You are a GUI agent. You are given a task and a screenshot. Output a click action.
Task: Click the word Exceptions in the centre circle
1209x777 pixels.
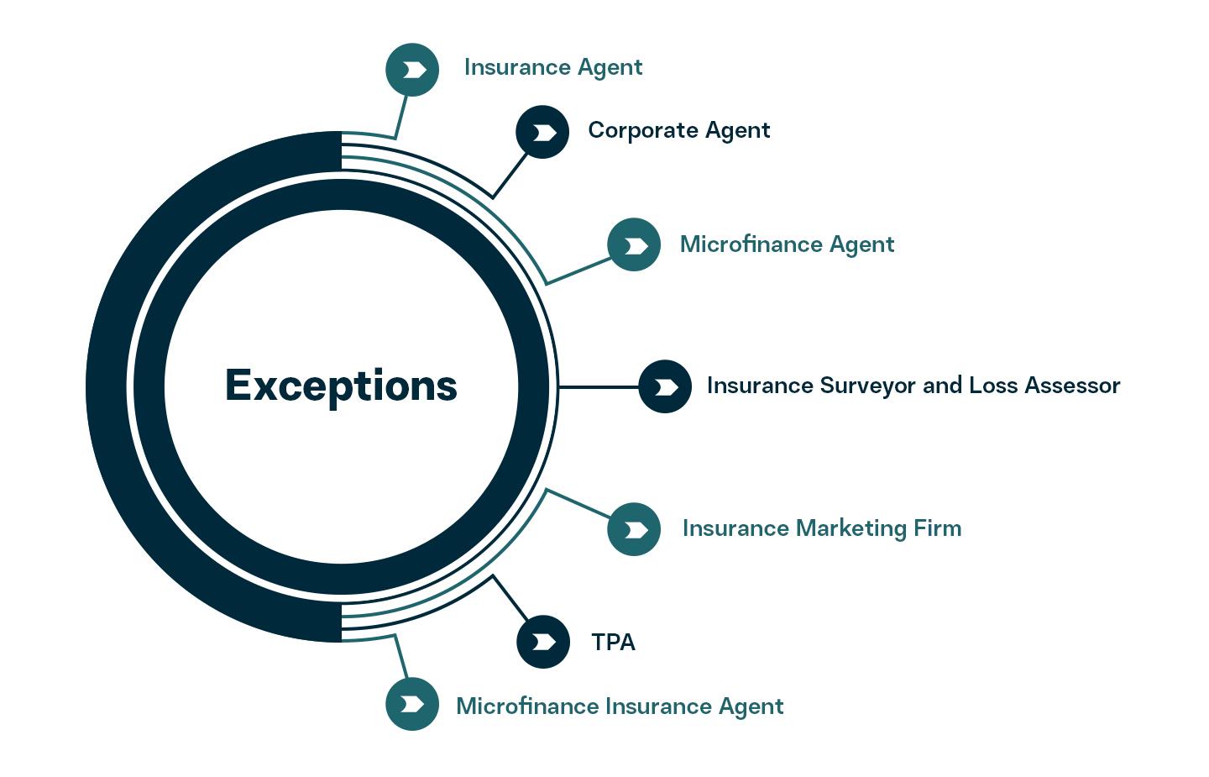(x=341, y=386)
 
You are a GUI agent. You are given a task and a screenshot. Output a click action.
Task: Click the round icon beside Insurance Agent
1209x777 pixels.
(x=412, y=70)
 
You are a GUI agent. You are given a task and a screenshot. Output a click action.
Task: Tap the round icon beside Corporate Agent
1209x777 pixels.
(x=542, y=132)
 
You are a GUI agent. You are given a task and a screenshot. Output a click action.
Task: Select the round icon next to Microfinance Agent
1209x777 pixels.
(x=634, y=244)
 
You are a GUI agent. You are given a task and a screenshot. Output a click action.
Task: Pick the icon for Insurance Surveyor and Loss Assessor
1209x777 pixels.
(x=665, y=386)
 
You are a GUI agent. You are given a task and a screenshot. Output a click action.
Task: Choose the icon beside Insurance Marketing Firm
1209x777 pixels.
(x=634, y=529)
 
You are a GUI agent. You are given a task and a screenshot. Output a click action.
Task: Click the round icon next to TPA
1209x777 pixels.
(x=543, y=642)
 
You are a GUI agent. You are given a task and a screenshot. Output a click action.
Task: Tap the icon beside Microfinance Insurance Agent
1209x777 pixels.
(x=412, y=704)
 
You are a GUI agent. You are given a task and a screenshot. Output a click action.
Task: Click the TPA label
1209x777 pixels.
(x=613, y=643)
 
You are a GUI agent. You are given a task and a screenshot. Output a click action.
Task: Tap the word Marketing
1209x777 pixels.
(x=850, y=528)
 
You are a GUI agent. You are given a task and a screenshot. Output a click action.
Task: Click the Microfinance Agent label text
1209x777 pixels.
(x=787, y=244)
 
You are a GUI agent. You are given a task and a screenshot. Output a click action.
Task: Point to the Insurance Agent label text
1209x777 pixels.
(x=553, y=67)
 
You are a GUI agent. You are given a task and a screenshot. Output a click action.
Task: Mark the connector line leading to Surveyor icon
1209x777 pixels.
(x=598, y=387)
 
